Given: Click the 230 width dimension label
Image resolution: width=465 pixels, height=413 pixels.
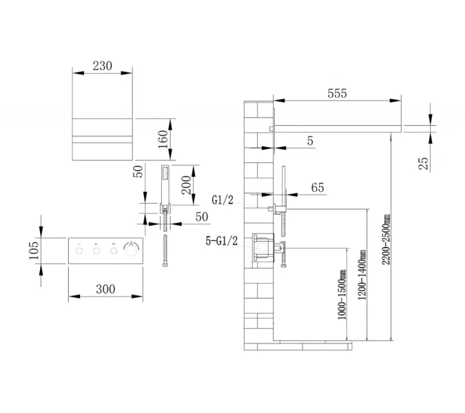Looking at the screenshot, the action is pyautogui.click(x=103, y=66).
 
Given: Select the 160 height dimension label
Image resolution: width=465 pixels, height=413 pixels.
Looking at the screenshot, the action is pyautogui.click(x=163, y=139).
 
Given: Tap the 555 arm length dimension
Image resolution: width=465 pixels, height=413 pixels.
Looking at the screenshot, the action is pyautogui.click(x=337, y=94).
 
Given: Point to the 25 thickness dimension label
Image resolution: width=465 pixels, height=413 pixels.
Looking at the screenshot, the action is pyautogui.click(x=424, y=163).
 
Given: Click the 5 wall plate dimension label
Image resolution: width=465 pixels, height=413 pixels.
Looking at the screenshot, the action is pyautogui.click(x=310, y=140).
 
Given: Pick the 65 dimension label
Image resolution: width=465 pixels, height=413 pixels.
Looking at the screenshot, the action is pyautogui.click(x=318, y=187).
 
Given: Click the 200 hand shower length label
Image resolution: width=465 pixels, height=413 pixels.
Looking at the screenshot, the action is pyautogui.click(x=186, y=185).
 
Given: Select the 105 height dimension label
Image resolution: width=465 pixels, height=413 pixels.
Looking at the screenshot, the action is pyautogui.click(x=34, y=251).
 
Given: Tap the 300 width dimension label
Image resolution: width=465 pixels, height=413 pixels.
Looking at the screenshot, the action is pyautogui.click(x=105, y=289).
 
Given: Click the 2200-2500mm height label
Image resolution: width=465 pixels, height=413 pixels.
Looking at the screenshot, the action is pyautogui.click(x=386, y=240).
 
